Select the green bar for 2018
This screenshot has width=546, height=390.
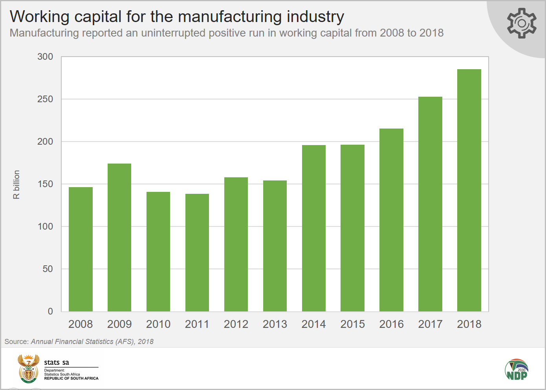[469, 190]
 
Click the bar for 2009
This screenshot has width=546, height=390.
[119, 237]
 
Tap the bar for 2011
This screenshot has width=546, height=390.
[197, 252]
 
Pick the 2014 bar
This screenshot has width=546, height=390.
[314, 228]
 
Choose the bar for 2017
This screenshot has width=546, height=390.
[430, 204]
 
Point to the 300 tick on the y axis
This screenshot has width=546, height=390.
[45, 57]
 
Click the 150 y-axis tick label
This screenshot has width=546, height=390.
[45, 184]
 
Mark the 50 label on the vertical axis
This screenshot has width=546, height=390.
[48, 269]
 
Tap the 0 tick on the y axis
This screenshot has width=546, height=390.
[50, 311]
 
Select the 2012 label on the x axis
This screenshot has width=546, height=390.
[236, 324]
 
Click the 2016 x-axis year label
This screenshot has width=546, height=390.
[392, 324]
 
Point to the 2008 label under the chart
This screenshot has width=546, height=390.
[81, 324]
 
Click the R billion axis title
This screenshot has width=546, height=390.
[16, 184]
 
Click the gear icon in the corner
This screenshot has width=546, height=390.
[522, 23]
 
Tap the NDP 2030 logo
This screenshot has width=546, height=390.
[517, 370]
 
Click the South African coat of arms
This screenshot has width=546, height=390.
[29, 368]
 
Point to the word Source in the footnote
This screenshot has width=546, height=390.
[16, 342]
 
